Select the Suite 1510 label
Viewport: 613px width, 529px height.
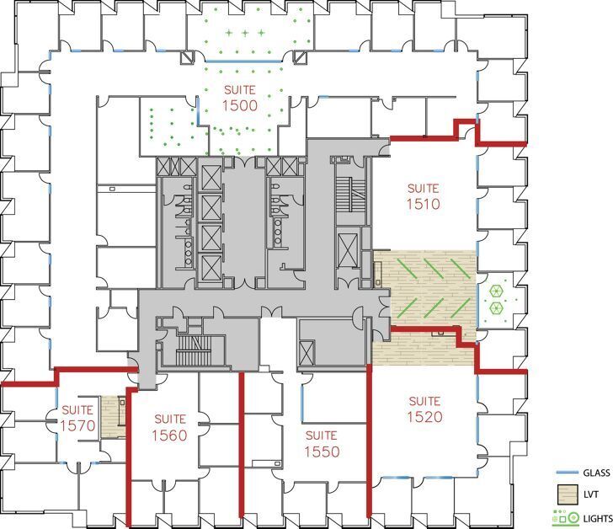tap(424, 196)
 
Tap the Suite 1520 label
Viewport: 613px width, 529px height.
tap(424, 409)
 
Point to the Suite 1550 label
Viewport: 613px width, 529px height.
tap(322, 444)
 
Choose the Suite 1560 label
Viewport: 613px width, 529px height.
tap(169, 427)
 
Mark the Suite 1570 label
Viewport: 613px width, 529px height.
tap(77, 419)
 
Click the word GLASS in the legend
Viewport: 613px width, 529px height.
tap(593, 473)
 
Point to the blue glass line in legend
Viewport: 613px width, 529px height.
tap(565, 473)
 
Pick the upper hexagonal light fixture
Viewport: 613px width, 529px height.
tap(496, 291)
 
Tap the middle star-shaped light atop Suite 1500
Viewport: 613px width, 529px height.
tap(245, 33)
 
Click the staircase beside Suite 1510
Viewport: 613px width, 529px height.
tap(350, 187)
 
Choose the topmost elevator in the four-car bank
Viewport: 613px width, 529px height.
tap(210, 179)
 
